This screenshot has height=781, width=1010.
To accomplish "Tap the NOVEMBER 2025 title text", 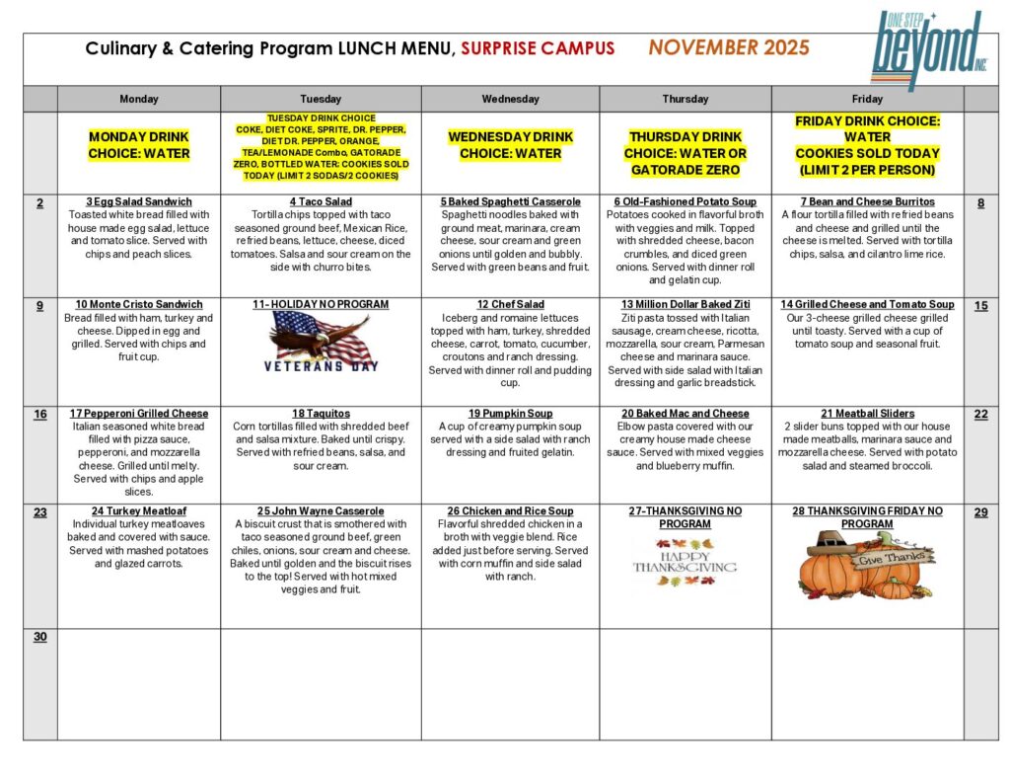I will (729, 47).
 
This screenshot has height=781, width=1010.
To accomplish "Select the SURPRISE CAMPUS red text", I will (538, 48).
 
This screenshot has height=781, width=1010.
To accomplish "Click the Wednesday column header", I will (510, 99).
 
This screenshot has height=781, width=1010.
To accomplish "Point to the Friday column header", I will (867, 99).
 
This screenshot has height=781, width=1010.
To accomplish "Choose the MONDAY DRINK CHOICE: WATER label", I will (138, 145).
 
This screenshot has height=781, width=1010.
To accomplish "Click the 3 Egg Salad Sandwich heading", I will (138, 201).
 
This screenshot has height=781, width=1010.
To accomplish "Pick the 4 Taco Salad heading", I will (321, 201).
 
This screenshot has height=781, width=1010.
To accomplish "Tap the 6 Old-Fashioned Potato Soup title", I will (685, 201).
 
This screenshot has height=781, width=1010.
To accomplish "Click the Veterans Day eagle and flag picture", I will (321, 341).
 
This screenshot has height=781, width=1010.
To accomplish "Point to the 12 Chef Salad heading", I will (510, 304).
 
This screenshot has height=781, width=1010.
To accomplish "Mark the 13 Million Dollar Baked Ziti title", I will (685, 304).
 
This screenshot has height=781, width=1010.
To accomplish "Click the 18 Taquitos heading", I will (321, 413).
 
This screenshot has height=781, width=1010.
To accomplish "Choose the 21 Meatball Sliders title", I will (867, 413).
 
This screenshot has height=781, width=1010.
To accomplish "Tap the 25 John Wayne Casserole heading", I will (321, 510).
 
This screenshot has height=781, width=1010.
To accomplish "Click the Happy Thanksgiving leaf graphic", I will (685, 566).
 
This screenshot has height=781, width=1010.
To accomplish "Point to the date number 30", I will (40, 637).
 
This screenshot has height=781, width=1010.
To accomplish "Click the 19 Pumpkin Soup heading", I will (510, 413).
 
